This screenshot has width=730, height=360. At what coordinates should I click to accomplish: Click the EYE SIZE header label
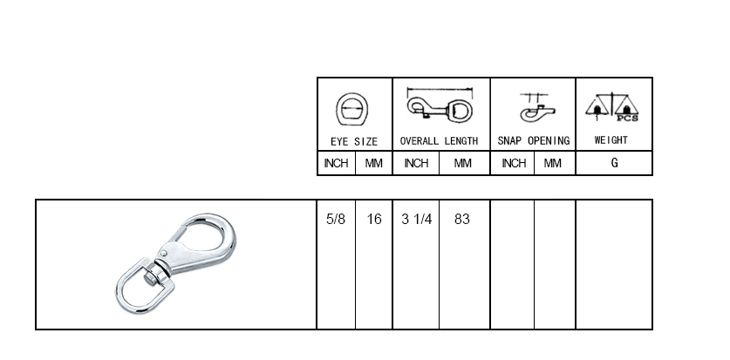(x=354, y=141)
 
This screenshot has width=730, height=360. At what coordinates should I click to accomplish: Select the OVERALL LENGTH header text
(x=439, y=141)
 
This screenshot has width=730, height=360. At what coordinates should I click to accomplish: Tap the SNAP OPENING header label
(x=534, y=141)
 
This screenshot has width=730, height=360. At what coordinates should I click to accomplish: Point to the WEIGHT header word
(x=611, y=140)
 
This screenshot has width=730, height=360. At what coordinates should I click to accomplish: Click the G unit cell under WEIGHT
(x=614, y=163)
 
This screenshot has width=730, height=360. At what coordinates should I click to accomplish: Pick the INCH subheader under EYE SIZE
(x=336, y=163)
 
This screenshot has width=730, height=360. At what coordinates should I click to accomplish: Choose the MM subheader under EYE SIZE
(x=373, y=163)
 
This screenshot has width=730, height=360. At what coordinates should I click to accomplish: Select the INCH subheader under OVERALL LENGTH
(x=416, y=163)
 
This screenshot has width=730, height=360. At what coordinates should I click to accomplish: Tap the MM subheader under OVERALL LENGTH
(x=462, y=163)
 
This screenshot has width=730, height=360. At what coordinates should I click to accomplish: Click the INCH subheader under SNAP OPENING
(x=514, y=163)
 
